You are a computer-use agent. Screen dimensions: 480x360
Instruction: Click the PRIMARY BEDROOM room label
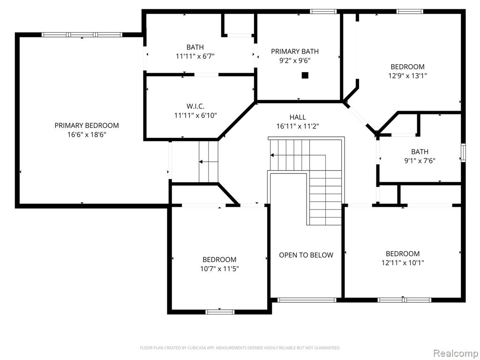point(87,125)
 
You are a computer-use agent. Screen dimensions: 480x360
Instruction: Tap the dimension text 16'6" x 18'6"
point(87,135)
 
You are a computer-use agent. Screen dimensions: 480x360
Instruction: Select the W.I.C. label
point(195,106)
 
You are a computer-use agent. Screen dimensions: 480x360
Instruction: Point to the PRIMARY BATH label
point(295,52)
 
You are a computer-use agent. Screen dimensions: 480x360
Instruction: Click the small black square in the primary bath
point(305,75)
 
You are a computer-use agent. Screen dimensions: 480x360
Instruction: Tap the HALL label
point(298,117)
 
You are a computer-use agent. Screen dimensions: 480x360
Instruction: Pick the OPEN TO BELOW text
point(306,255)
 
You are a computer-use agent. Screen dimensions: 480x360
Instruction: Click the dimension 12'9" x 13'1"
point(408,75)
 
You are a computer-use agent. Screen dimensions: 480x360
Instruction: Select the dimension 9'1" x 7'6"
point(420,161)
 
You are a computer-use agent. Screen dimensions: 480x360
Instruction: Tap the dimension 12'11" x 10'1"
point(403,262)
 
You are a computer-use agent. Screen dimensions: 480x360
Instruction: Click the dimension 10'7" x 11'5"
point(219,269)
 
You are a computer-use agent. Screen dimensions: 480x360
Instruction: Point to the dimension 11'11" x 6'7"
point(195,56)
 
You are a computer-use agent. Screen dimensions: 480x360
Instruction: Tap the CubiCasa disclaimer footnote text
point(240,348)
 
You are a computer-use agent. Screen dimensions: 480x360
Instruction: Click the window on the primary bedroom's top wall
point(82,35)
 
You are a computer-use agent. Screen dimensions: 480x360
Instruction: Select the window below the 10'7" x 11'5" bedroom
point(220,312)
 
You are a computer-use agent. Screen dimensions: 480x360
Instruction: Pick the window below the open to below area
point(307,300)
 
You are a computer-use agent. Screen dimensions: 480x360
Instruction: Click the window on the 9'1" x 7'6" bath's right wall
point(463,153)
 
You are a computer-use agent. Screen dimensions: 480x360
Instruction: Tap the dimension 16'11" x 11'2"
point(298,126)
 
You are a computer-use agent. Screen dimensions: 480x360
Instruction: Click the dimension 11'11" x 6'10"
point(195,115)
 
